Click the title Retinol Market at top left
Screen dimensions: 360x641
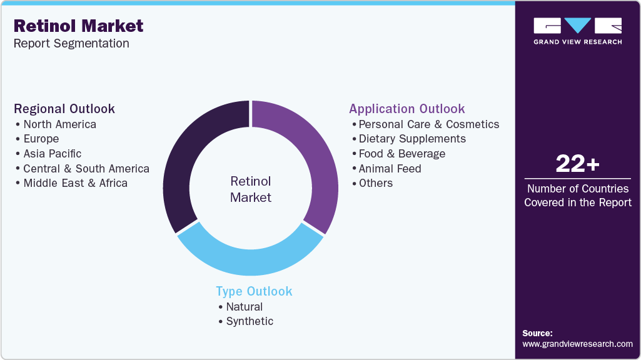(x=78, y=26)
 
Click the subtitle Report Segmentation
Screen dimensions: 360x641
(x=71, y=44)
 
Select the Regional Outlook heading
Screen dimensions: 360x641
(x=64, y=109)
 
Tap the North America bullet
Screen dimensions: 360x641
(x=59, y=124)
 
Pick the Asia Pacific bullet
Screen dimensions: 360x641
(x=52, y=154)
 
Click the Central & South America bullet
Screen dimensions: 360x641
(x=86, y=169)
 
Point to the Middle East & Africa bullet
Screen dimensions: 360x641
(x=75, y=183)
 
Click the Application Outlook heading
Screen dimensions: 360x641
(x=407, y=109)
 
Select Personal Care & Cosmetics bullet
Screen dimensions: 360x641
(x=428, y=124)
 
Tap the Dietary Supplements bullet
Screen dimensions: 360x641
(x=411, y=139)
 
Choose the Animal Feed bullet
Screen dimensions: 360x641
(x=390, y=169)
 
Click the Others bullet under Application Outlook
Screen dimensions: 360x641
(x=375, y=183)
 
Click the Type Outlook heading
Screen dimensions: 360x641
(x=254, y=291)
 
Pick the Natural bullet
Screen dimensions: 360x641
(x=244, y=307)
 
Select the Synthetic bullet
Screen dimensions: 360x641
(x=249, y=321)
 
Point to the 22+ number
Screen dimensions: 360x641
(x=577, y=164)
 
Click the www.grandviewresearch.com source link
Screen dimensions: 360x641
(x=577, y=344)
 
